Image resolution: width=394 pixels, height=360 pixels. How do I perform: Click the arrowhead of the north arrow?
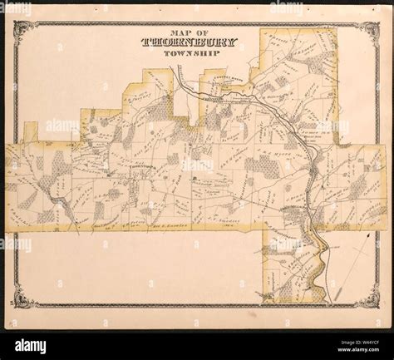coord(364,237)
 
